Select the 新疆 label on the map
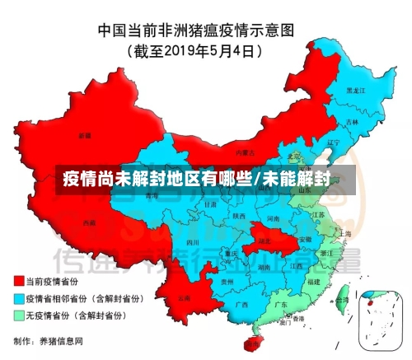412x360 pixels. click(84, 134)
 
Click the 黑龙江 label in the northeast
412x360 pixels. click(355, 89)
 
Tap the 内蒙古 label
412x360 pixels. click(242, 152)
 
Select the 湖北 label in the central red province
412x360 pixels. click(265, 241)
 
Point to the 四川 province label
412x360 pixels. click(193, 243)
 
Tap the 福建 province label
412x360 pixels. click(312, 281)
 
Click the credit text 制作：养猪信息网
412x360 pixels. click(49, 340)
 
